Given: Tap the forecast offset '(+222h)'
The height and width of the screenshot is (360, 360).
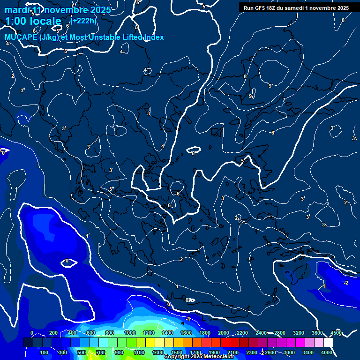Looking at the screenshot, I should pos(84,21).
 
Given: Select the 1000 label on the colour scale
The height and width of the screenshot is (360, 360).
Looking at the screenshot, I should pos(129,333).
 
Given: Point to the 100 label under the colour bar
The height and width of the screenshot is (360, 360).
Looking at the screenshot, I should pos(45,352).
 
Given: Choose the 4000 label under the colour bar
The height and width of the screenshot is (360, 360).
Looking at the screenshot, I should pos(327,352).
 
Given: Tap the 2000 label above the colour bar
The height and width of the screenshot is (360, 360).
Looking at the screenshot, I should pos(224,333).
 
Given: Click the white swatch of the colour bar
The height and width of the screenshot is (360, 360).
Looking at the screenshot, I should pos(328,343).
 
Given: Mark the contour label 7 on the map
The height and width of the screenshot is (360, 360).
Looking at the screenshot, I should pos(284,100).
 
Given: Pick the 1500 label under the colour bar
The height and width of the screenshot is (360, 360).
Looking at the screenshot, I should pos(177,352).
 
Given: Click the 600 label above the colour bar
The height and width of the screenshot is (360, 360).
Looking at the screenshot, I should pos(91,333).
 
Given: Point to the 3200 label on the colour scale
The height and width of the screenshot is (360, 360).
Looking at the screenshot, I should pos(299,333).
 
